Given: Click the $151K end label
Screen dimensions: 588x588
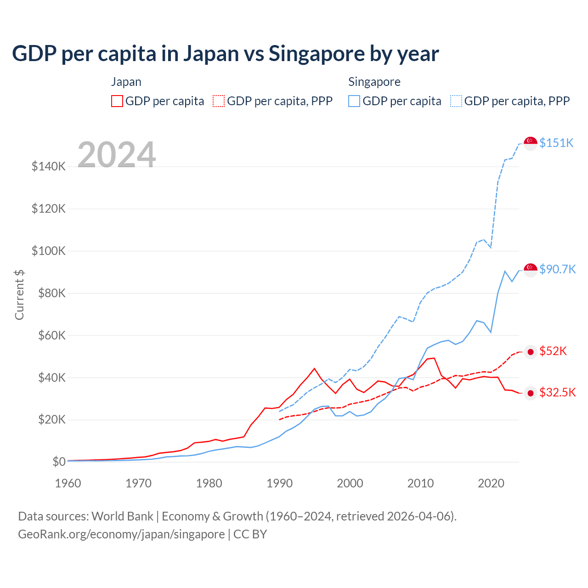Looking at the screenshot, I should click(x=556, y=143).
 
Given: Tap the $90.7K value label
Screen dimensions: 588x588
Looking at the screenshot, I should click(x=557, y=269).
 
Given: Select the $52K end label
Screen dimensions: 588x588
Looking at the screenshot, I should click(x=553, y=351).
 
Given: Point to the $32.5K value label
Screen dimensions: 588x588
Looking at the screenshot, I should click(x=557, y=392).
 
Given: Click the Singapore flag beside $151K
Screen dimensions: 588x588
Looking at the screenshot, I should click(x=531, y=143).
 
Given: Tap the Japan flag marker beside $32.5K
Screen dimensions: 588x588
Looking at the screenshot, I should click(x=531, y=393).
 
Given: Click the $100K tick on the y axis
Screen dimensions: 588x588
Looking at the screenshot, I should click(x=49, y=251).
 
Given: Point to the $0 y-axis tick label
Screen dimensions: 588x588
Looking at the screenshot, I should click(x=59, y=462).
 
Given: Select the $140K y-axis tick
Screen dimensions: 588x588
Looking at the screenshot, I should click(x=49, y=166).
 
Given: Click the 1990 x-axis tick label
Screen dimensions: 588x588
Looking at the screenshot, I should click(x=279, y=483).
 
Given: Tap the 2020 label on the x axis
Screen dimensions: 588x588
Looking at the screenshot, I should click(x=491, y=483).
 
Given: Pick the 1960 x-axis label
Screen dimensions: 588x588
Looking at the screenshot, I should click(x=68, y=483).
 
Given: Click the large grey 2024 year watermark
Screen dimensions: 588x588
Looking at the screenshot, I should click(x=117, y=155).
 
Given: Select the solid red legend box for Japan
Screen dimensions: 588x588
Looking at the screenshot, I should click(x=117, y=101).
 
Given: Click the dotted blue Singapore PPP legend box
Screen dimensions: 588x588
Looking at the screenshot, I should click(x=456, y=101).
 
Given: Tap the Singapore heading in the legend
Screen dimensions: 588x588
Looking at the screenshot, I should click(x=374, y=82).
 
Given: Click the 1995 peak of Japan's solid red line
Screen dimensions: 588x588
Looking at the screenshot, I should click(x=314, y=368).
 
